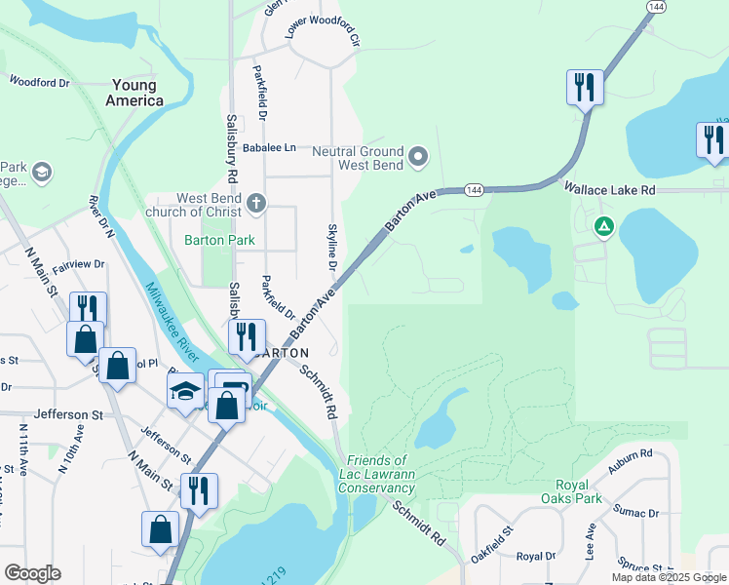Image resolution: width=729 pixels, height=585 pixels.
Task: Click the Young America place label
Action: [x=136, y=93]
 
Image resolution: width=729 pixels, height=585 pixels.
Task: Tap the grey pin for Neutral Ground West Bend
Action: [x=418, y=156]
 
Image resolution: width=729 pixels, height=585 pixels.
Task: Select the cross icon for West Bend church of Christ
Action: [x=255, y=204]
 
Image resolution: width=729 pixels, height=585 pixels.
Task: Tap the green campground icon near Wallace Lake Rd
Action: [x=604, y=227]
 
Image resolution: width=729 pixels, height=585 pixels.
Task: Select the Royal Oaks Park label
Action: [x=585, y=492]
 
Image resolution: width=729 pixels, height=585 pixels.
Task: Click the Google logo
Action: [x=32, y=573]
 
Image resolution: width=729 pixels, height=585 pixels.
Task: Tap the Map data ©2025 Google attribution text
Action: [x=670, y=577]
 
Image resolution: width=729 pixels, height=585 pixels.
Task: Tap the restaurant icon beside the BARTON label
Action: [x=247, y=336]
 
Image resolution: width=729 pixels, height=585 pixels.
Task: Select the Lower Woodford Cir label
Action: [x=323, y=32]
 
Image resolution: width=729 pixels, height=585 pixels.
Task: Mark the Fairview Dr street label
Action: [x=78, y=264]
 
